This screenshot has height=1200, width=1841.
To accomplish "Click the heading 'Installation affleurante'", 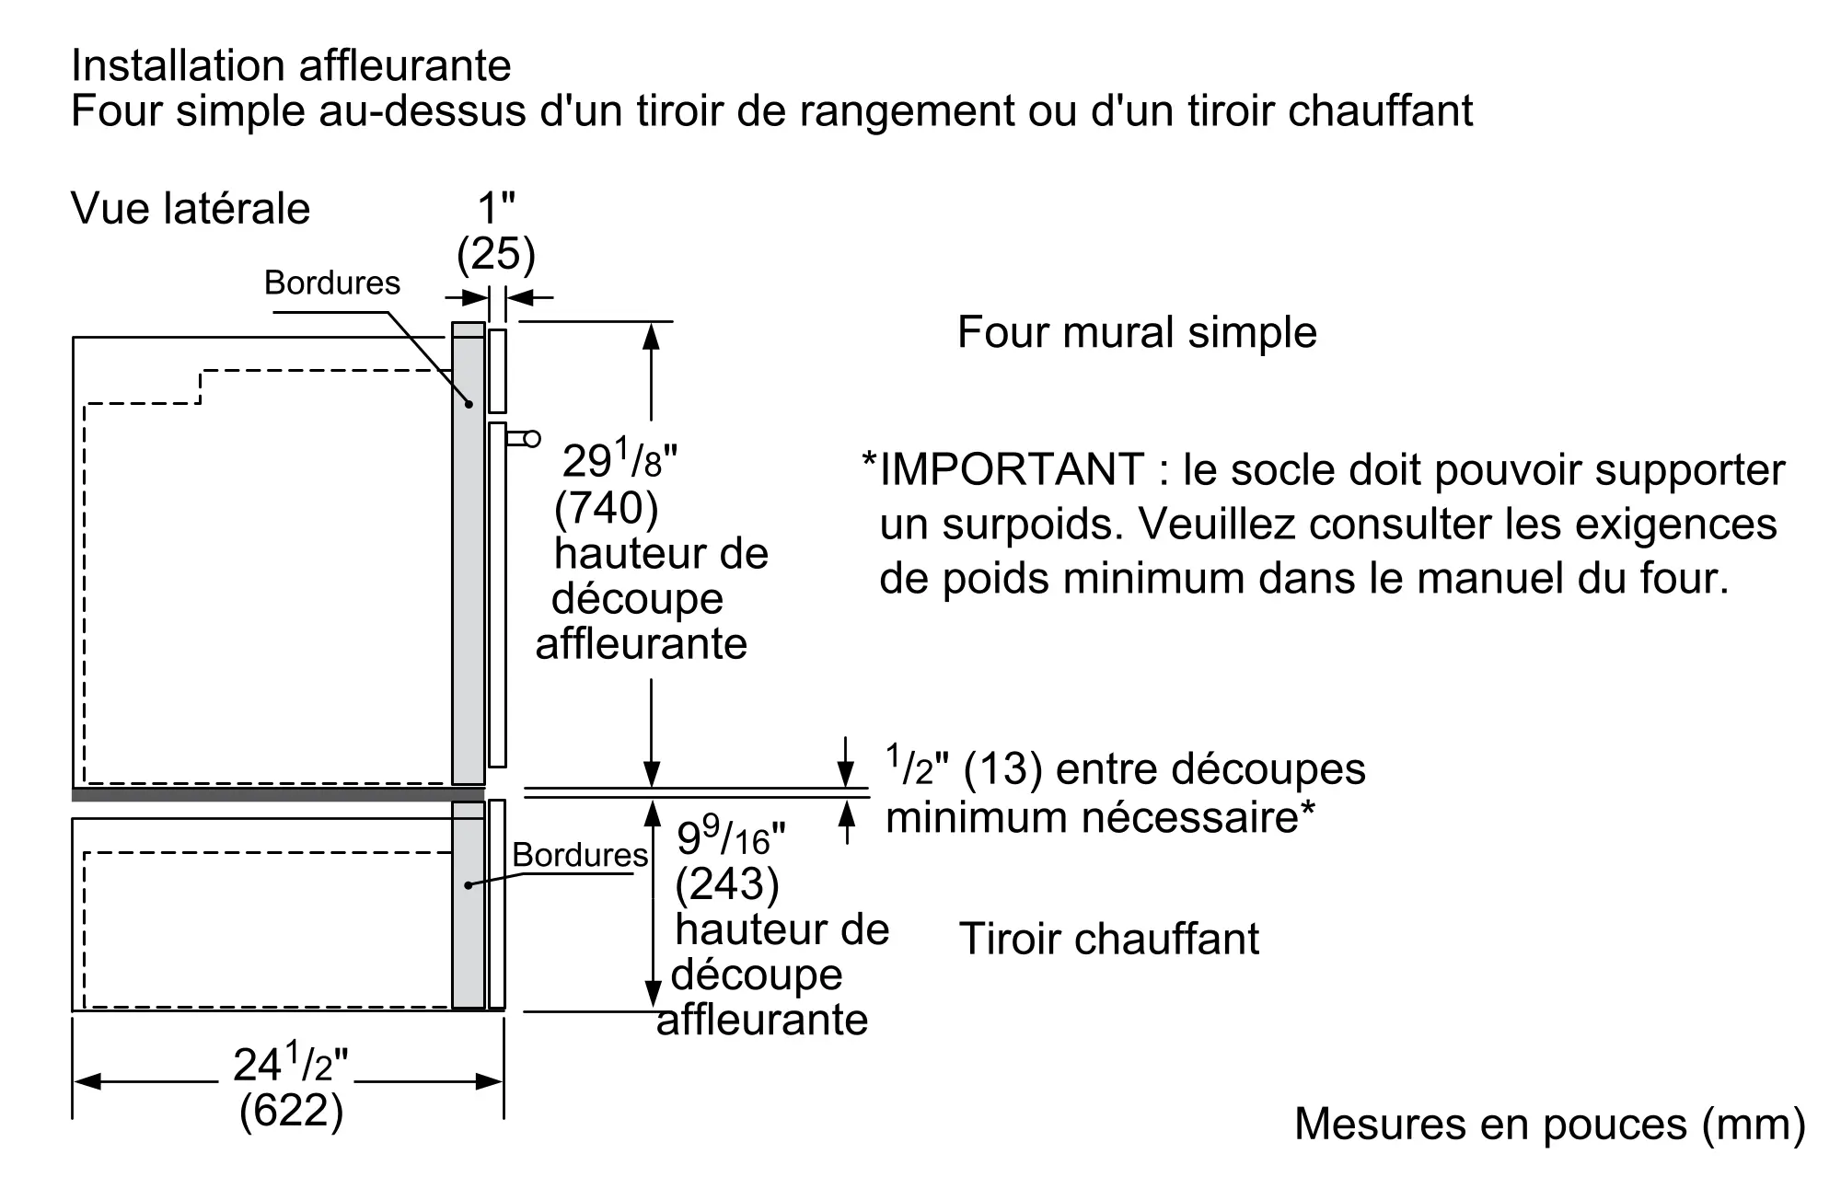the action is [x=291, y=65].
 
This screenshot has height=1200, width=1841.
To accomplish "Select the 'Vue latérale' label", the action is [x=191, y=208].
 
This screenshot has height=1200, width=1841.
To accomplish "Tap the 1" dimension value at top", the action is [x=496, y=209].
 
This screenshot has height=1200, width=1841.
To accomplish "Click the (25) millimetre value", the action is [x=496, y=254].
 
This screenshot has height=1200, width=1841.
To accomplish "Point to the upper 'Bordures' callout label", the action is [x=332, y=283].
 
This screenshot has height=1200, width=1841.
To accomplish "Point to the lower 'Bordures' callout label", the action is [x=580, y=855].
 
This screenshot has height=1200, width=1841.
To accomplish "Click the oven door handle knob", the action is [x=532, y=439].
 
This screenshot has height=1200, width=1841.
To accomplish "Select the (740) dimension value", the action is [x=607, y=508].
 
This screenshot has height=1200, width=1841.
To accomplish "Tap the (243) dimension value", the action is [x=727, y=884].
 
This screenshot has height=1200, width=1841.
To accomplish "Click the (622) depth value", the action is [x=291, y=1111].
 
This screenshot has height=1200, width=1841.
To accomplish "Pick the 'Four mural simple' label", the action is [x=1137, y=332].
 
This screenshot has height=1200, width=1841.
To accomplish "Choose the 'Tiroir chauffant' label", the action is [x=1109, y=939].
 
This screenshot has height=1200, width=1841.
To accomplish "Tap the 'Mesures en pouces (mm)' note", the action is [x=1550, y=1124].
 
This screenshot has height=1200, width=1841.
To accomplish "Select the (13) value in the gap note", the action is [x=1002, y=769].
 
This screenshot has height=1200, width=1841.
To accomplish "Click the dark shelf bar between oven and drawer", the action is [x=278, y=794].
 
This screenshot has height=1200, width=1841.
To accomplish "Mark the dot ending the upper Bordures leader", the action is [x=469, y=403].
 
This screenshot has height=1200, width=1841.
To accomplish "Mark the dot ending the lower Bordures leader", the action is [x=468, y=885].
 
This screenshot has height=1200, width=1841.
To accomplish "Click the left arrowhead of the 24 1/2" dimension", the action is [x=87, y=1080].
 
